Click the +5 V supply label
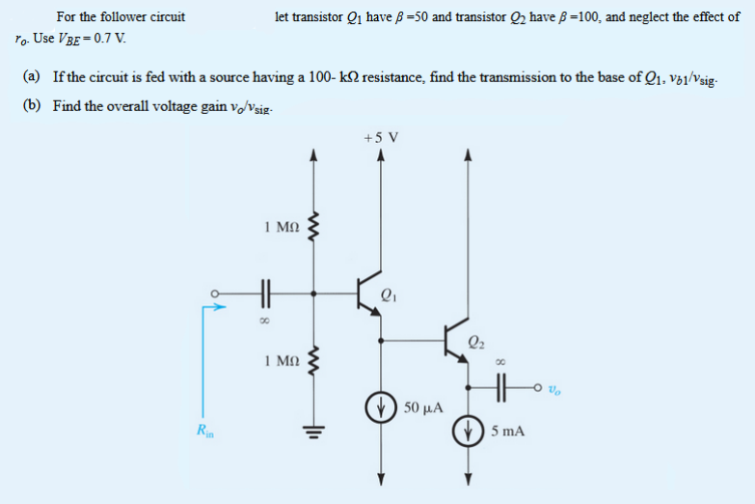coord(381,136)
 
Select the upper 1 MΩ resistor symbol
coord(311,230)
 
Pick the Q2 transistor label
coord(475,340)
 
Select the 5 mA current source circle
coord(470,430)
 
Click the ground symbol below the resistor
coord(311,432)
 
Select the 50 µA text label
coord(423,409)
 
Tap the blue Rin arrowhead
coord(222,308)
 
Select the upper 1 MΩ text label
coord(282,228)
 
